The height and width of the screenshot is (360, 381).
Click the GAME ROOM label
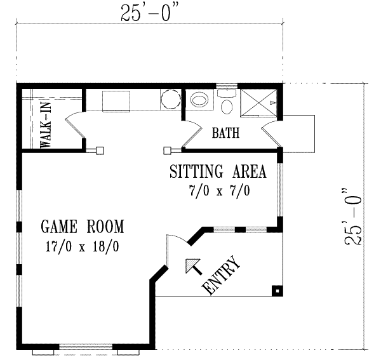83,227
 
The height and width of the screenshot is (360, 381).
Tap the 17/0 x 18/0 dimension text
83,245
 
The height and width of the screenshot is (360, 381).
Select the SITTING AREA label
217,172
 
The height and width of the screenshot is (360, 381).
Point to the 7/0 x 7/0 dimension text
217,190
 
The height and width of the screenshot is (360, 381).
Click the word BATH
225,133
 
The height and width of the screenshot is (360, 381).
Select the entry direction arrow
191,265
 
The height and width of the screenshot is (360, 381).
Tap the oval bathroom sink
200,100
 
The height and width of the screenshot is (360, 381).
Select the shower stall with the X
259,102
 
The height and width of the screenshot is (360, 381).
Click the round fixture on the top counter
170,100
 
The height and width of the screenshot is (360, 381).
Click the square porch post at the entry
276,291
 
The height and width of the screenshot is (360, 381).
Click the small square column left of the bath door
168,150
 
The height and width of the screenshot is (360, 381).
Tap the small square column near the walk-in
99,150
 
